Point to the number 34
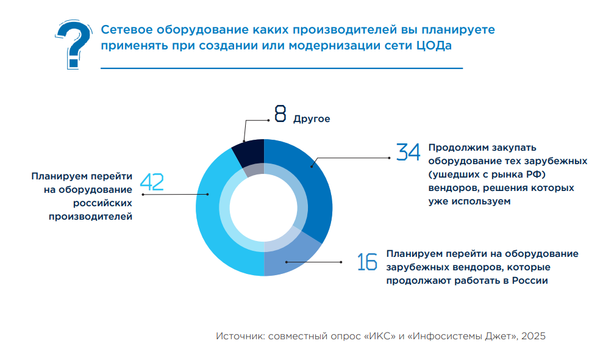tap(408, 152)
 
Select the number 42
tap(152, 181)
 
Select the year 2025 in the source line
tap(533, 336)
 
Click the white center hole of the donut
tap(263, 207)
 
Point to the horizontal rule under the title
tap(281, 68)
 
